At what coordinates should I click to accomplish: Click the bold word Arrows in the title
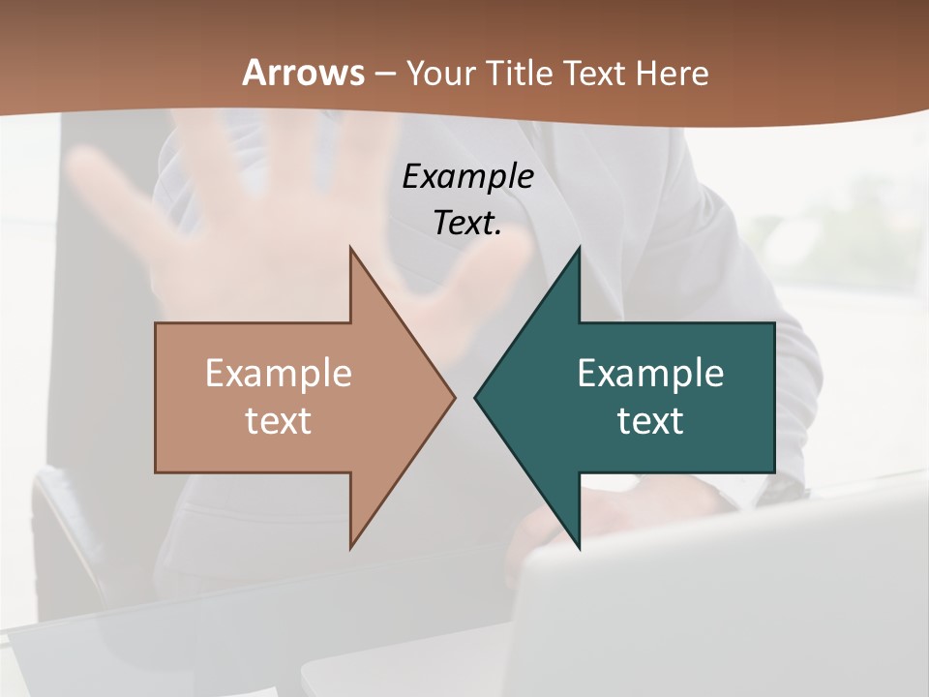click(302, 73)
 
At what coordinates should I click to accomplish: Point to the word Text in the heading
click(594, 73)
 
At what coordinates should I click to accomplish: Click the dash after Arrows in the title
click(384, 74)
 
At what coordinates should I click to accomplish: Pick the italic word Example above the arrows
click(467, 176)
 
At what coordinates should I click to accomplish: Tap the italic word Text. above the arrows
click(467, 223)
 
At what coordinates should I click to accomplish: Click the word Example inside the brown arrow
click(279, 373)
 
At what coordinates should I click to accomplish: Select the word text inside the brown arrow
click(279, 420)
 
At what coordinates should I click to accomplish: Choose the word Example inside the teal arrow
click(650, 373)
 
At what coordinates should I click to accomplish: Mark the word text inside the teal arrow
click(650, 420)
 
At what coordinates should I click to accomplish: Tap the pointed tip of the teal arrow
click(476, 397)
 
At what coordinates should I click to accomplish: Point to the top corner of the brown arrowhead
click(351, 249)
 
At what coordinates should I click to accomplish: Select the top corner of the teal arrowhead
click(579, 249)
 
